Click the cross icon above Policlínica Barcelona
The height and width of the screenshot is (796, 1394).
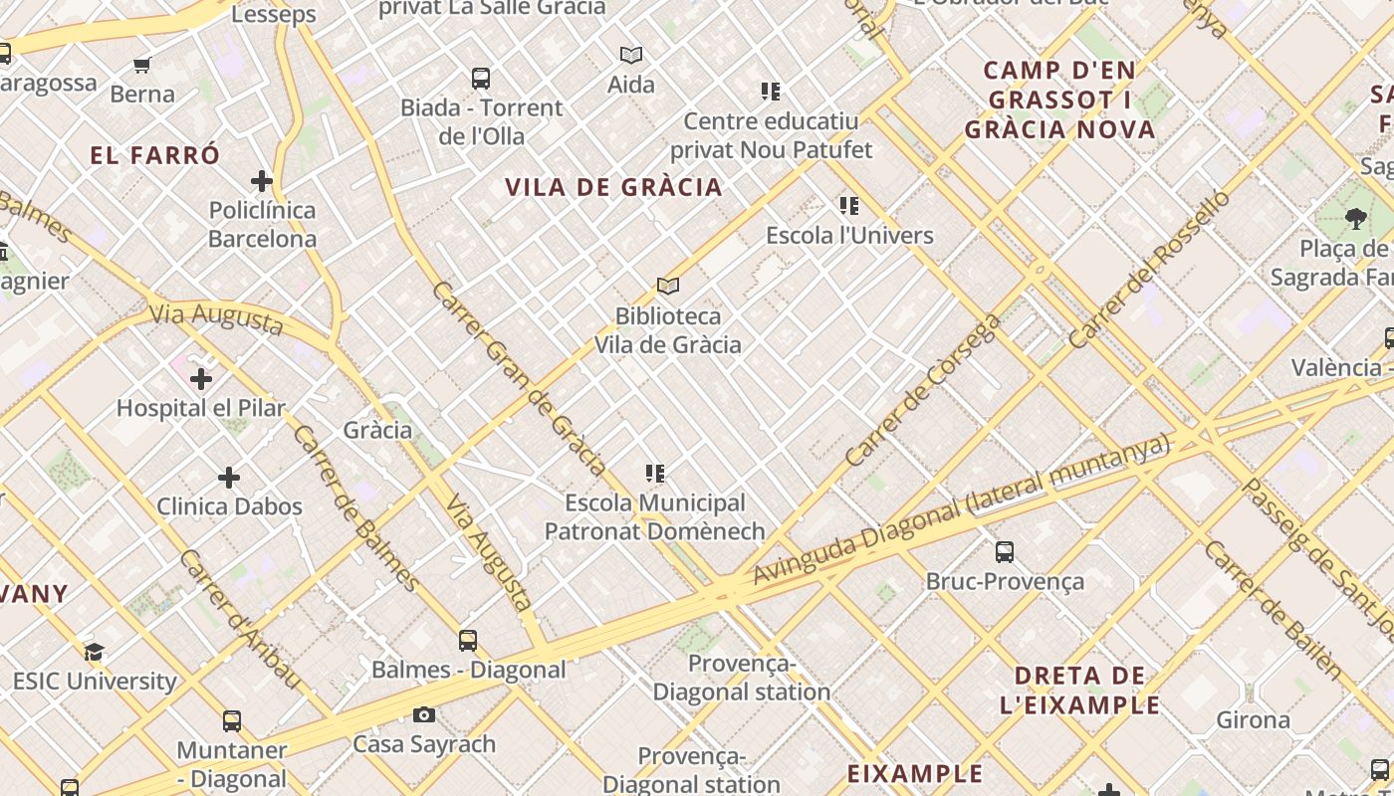point(262,181)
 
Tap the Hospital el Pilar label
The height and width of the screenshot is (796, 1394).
point(201,408)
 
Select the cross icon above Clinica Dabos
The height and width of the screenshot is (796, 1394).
point(229,478)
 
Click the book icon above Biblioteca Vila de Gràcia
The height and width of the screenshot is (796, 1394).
point(668,287)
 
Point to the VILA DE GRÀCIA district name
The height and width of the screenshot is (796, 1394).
point(613,187)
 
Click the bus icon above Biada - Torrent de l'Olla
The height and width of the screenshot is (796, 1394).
point(481,78)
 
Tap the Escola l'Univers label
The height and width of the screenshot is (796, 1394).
point(849,236)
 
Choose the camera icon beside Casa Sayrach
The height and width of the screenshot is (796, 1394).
point(424,714)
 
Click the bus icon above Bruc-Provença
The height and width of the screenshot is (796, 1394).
point(1005,551)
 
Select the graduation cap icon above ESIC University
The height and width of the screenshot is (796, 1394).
point(94,652)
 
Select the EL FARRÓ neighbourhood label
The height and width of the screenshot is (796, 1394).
point(154,155)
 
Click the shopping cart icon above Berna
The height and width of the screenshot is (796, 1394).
point(142,66)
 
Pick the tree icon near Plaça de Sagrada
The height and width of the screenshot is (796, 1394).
point(1354,218)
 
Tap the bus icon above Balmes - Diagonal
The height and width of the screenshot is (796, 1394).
point(468,640)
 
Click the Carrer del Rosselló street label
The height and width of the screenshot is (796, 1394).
point(1149,269)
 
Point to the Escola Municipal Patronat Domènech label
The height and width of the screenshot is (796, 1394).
point(654,517)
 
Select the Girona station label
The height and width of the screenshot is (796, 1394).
point(1253,719)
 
